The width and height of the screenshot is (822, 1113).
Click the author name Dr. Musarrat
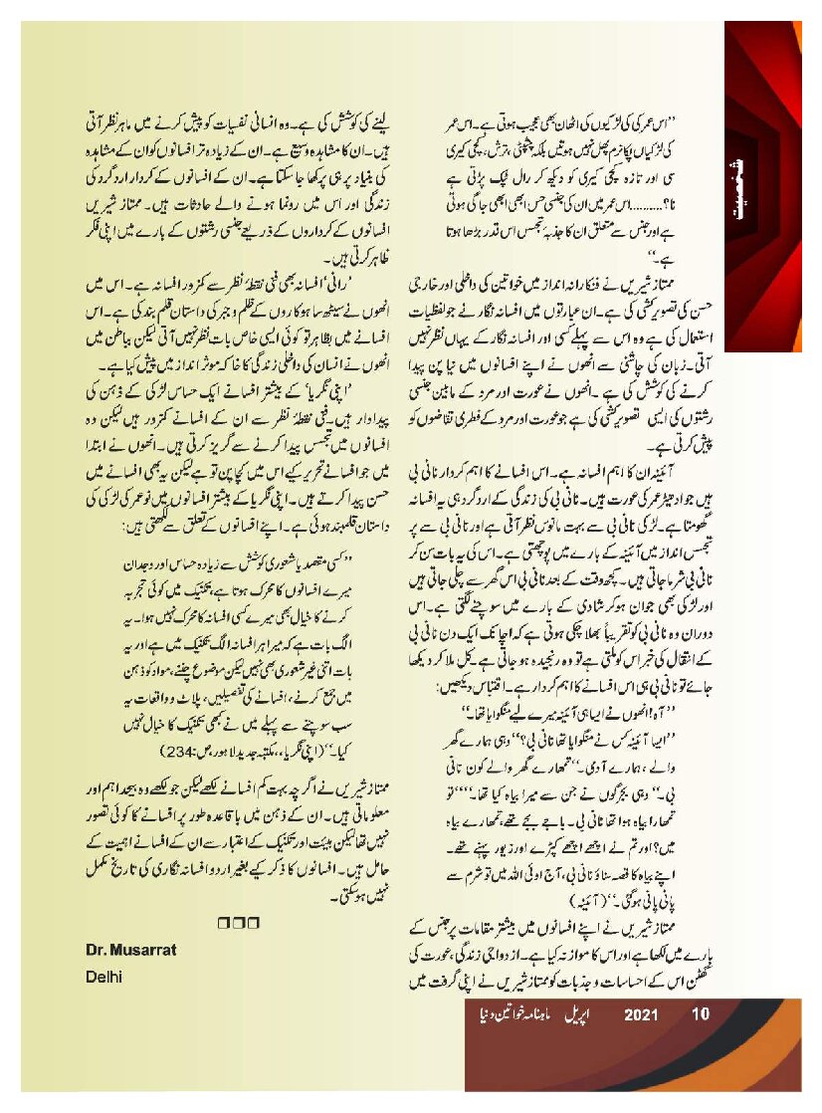tap(131, 950)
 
